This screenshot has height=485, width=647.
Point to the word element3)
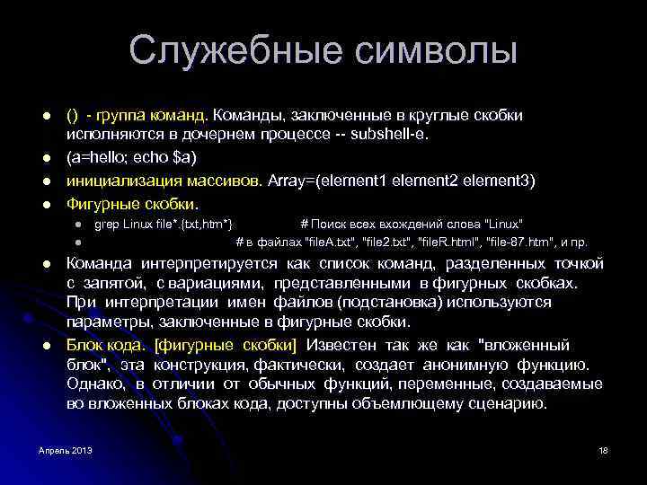coord(502,181)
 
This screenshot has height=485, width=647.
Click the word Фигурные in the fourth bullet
coord(102,202)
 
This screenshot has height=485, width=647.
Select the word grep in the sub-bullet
coord(107,223)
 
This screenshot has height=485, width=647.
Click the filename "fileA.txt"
coord(336,242)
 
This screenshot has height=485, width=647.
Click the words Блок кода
coord(105,345)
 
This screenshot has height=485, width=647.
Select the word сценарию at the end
coord(508,404)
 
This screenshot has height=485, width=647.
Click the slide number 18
coord(603,449)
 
